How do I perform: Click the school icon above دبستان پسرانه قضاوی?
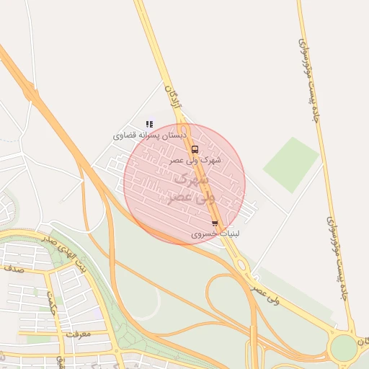[149, 124]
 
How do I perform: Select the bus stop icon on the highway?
[195, 149]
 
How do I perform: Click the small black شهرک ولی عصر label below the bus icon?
[195, 160]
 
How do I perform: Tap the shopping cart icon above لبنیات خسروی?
[215, 224]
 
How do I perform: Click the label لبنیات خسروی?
[215, 234]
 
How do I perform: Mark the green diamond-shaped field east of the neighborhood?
[290, 165]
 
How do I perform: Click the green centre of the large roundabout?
[344, 348]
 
